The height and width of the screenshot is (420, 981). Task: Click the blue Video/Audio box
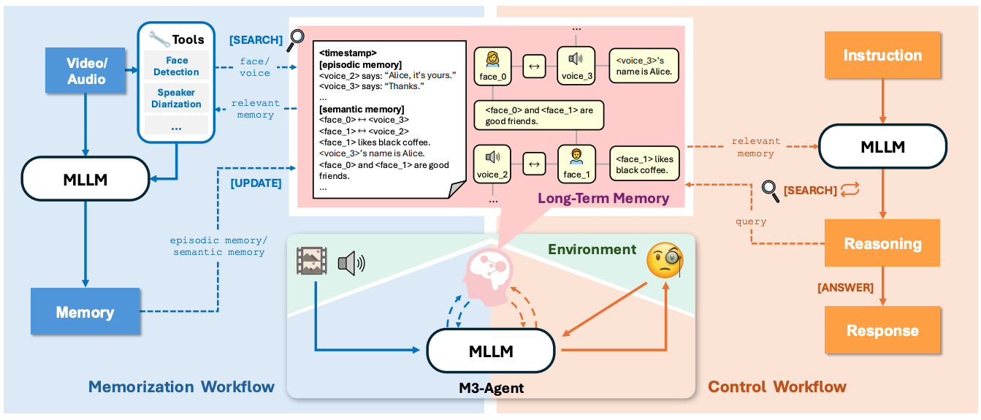pyautogui.click(x=85, y=71)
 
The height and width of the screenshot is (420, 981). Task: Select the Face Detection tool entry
pyautogui.click(x=176, y=66)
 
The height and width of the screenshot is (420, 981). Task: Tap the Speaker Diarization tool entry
pyautogui.click(x=176, y=98)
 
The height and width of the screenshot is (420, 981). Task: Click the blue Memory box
pyautogui.click(x=85, y=311)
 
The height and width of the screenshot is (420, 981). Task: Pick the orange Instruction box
pyautogui.click(x=882, y=55)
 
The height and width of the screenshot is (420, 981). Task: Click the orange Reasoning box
pyautogui.click(x=882, y=243)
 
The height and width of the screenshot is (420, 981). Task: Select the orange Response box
pyautogui.click(x=882, y=329)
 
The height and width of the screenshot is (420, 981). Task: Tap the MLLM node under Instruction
pyautogui.click(x=882, y=146)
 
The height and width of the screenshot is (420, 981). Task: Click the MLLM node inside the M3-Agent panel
pyautogui.click(x=491, y=351)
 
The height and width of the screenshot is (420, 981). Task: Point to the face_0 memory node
pyautogui.click(x=492, y=66)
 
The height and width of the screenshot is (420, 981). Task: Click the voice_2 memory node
pyautogui.click(x=492, y=164)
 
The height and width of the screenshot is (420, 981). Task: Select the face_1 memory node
pyautogui.click(x=576, y=164)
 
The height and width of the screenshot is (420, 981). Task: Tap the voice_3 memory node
pyautogui.click(x=576, y=66)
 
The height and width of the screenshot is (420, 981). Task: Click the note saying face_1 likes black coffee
pyautogui.click(x=644, y=164)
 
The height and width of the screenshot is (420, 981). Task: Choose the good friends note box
pyautogui.click(x=539, y=115)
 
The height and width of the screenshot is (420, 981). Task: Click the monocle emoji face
pyautogui.click(x=665, y=260)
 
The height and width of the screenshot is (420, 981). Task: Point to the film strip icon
pyautogui.click(x=312, y=261)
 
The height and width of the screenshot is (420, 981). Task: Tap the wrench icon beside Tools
pyautogui.click(x=159, y=39)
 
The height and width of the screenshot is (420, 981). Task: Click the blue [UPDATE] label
pyautogui.click(x=256, y=183)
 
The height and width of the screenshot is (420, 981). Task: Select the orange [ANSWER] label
pyautogui.click(x=845, y=288)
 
